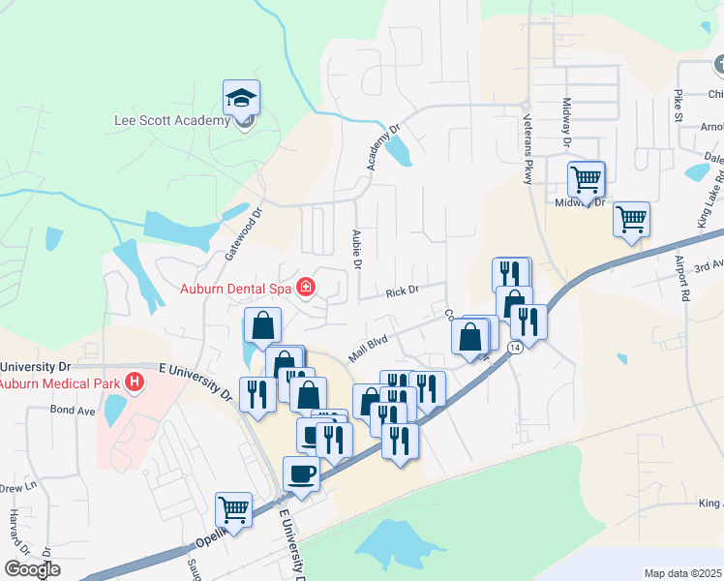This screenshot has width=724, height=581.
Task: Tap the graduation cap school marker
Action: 241,98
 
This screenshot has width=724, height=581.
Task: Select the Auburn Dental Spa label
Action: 235,288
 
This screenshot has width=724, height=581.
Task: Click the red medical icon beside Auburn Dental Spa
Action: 306,287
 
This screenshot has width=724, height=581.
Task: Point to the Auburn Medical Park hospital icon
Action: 135,383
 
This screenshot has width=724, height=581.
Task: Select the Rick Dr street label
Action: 401,290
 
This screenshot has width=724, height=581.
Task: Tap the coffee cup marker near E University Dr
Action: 300,474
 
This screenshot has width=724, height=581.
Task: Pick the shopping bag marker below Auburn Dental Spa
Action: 262,326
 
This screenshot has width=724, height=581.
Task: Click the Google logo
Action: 31,569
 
